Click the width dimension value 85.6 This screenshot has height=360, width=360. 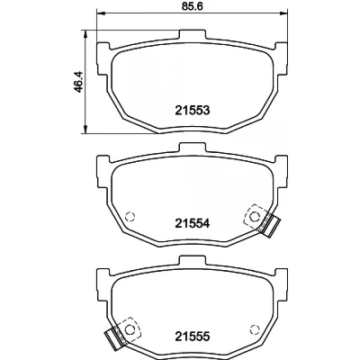(x=193, y=5)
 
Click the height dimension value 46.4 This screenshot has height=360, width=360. (x=78, y=82)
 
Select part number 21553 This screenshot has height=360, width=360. (x=192, y=111)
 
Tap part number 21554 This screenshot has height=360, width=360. (x=192, y=223)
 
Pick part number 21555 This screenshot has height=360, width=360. (x=192, y=336)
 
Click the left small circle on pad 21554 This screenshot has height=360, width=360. (x=130, y=216)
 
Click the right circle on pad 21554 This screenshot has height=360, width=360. (x=255, y=216)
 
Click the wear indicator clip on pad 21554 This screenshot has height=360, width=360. (x=269, y=224)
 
